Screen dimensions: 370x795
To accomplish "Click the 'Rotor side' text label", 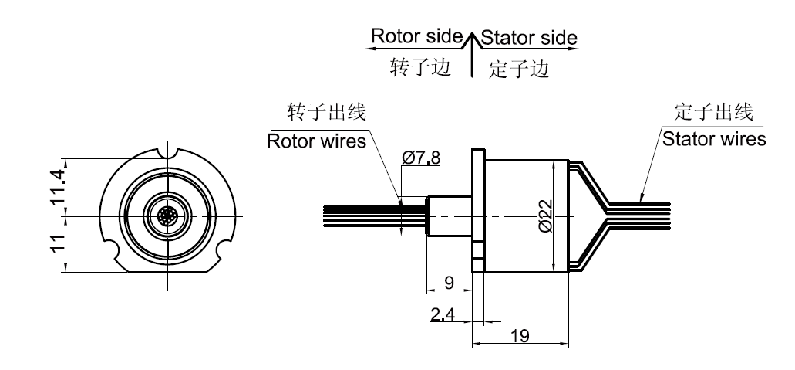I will click(416, 36).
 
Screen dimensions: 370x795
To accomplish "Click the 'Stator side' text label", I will click(529, 37).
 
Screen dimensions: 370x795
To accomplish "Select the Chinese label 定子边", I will click(519, 70).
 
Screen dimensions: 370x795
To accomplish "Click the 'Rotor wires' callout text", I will click(316, 141).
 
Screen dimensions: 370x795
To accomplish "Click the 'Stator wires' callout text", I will click(715, 139).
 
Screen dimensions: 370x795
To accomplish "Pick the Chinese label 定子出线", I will click(712, 112).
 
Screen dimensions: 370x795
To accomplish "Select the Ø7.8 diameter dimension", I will click(421, 158).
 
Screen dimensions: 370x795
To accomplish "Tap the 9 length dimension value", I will click(450, 283).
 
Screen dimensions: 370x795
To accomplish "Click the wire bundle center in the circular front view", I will click(167, 216).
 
